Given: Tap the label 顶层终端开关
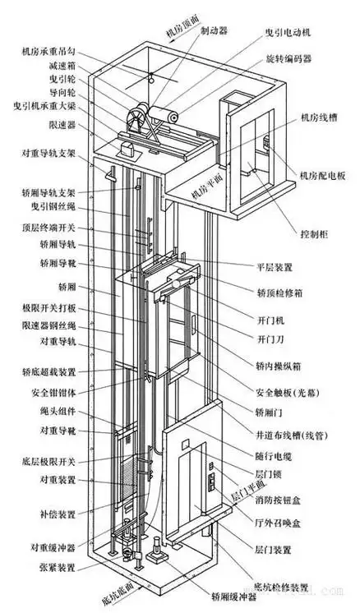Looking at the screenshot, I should coord(51,228).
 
